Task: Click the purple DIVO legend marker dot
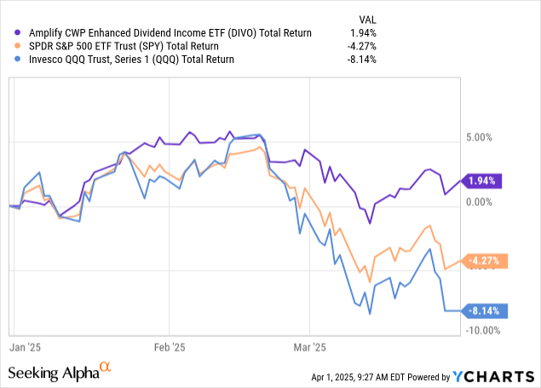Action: coord(17,32)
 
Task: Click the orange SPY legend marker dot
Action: coord(17,46)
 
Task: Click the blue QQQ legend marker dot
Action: coord(17,60)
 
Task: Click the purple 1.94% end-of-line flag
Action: coord(483,180)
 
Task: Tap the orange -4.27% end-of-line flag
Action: coord(483,260)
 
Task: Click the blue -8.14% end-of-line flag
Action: coord(483,311)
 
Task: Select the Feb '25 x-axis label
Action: coord(169,347)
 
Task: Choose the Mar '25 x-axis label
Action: coord(310,347)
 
